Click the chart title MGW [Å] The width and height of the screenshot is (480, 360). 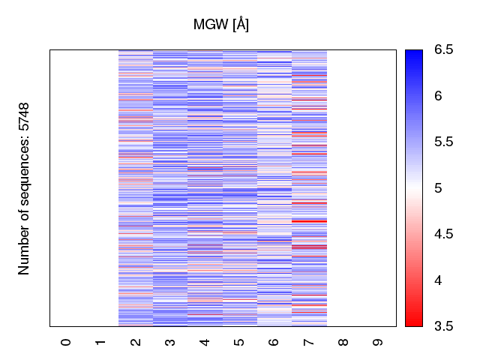(221, 25)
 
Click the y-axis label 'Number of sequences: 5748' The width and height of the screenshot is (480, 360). (25, 188)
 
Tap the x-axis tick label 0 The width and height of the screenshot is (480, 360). (67, 342)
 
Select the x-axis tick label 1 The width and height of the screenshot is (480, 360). (101, 342)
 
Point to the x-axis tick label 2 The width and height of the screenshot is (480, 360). (136, 342)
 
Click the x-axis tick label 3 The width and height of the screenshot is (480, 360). (170, 342)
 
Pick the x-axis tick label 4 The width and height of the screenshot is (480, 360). (205, 342)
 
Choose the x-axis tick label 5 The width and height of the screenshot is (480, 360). (239, 342)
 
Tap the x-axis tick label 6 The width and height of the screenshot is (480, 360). (274, 342)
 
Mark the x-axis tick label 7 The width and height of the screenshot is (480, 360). (309, 342)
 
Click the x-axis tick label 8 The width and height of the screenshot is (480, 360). (343, 342)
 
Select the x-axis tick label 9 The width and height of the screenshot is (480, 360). (378, 342)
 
